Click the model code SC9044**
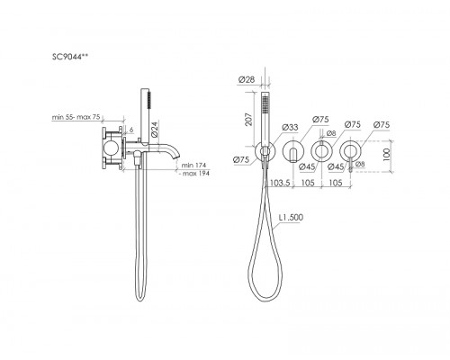click(70, 57)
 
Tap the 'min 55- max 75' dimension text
click(76, 117)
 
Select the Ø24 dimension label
click(154, 129)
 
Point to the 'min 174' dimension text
click(193, 165)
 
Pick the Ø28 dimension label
click(247, 79)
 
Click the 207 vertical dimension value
click(248, 119)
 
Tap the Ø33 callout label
click(290, 127)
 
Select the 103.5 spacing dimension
click(280, 183)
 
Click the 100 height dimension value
click(387, 155)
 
